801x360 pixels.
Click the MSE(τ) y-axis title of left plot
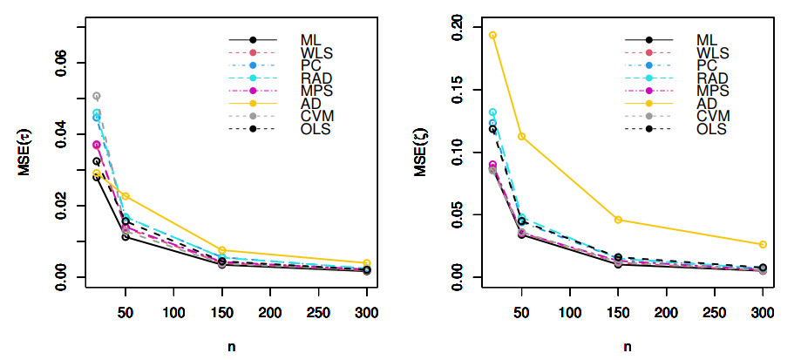click(x=25, y=154)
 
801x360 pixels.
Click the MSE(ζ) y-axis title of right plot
click(x=420, y=154)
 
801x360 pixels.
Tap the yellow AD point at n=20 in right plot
click(x=492, y=36)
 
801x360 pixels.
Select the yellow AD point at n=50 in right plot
click(x=521, y=137)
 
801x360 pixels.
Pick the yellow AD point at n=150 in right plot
click(x=618, y=220)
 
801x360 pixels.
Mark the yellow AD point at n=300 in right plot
click(x=763, y=245)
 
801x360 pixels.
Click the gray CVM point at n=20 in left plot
click(x=97, y=96)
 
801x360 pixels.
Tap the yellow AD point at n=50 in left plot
click(x=126, y=197)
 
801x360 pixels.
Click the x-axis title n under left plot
click(x=232, y=346)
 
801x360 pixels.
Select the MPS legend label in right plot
click(x=712, y=91)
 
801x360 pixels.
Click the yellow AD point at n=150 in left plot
click(x=223, y=251)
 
